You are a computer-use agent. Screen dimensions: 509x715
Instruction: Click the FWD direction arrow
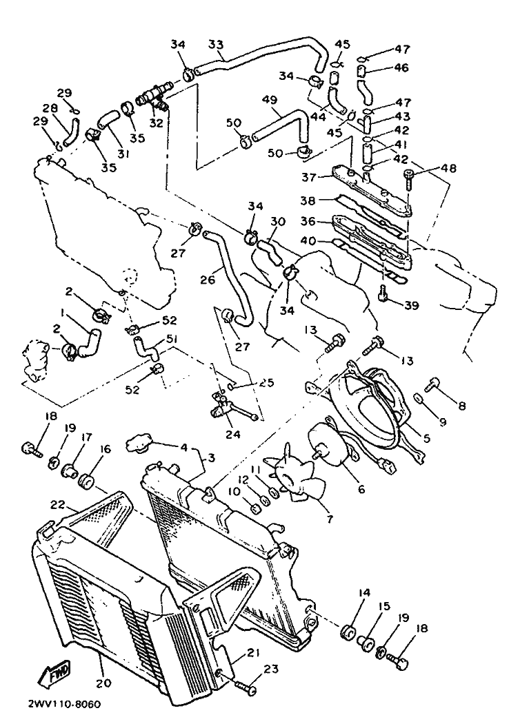56,672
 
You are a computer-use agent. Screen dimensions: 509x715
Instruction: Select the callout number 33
216,44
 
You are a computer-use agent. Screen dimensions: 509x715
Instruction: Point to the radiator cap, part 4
139,443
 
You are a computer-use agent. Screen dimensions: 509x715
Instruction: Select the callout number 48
449,168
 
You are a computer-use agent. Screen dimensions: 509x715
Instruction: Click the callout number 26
208,279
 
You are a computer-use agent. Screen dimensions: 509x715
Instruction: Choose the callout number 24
233,434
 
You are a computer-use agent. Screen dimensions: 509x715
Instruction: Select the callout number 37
309,177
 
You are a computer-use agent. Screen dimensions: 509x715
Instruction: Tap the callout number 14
364,593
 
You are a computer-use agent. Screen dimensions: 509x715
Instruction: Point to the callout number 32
157,123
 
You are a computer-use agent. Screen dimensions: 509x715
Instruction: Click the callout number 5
427,438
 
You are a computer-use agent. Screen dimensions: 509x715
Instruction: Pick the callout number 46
401,68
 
